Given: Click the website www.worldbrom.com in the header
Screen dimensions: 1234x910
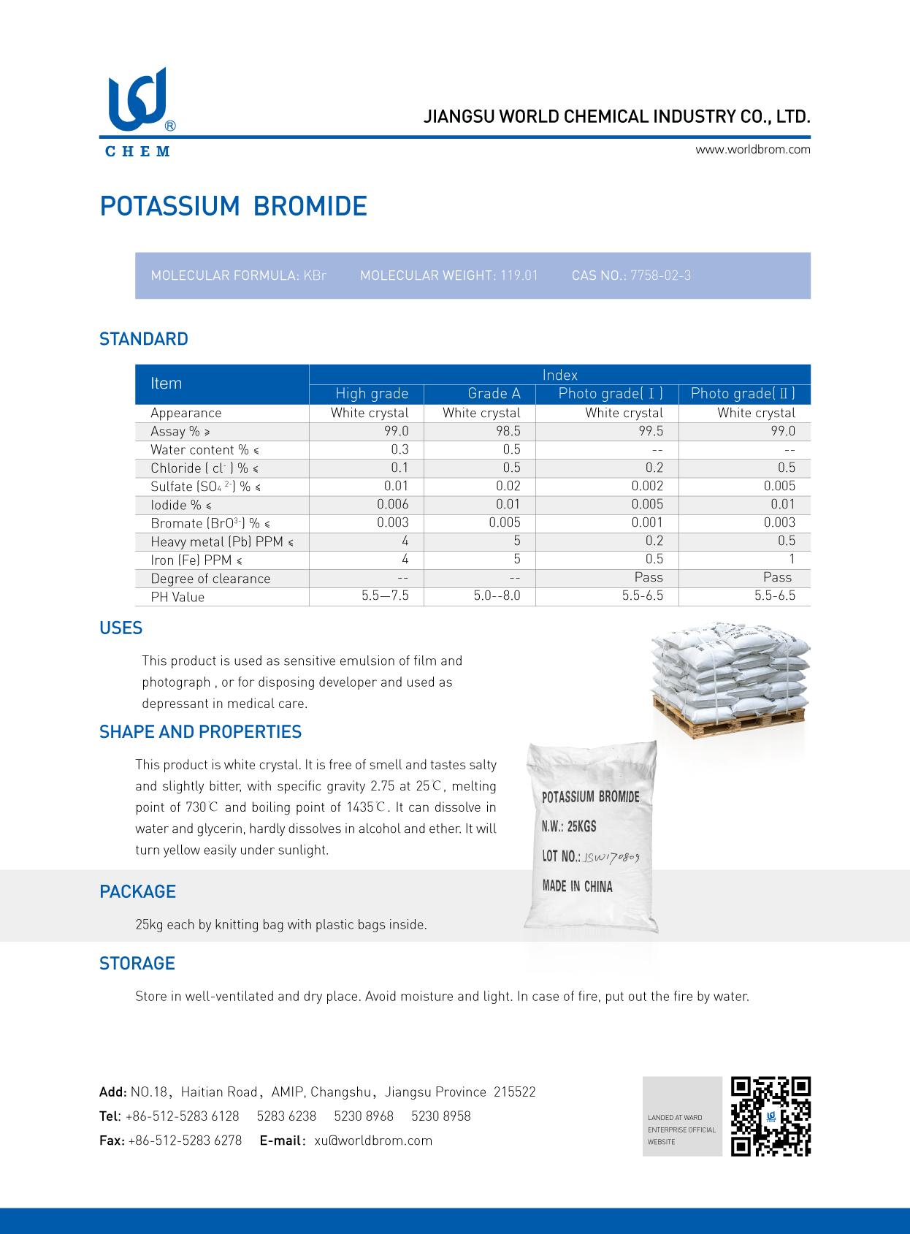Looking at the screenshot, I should (x=752, y=150).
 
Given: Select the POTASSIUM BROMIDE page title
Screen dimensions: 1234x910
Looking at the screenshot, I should (x=233, y=207).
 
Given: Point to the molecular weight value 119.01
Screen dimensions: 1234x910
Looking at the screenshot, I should (x=519, y=275).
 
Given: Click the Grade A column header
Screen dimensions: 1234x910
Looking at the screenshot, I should (x=494, y=394).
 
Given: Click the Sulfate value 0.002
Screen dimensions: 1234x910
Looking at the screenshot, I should (x=647, y=486).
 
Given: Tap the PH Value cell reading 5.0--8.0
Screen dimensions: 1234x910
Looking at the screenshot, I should (x=497, y=595).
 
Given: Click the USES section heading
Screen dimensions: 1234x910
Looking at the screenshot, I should (x=121, y=628).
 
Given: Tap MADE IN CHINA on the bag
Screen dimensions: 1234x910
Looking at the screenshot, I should (x=577, y=886).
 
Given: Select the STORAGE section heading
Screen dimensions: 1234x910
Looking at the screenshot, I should (x=137, y=964).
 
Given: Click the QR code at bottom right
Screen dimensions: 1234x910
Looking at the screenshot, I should (x=771, y=1116).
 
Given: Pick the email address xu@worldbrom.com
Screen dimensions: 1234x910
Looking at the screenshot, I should (x=373, y=1140).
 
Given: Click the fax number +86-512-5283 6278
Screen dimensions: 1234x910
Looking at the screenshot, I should (x=185, y=1140).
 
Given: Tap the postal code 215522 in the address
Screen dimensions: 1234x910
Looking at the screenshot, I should (x=514, y=1092).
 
